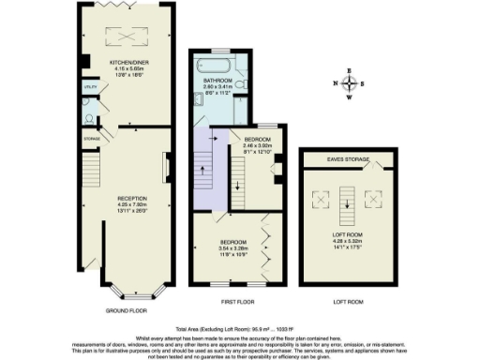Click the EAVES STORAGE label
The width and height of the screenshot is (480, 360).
tap(349, 159)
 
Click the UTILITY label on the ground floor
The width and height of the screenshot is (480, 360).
tap(90, 86)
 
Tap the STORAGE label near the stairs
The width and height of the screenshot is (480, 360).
tap(91, 139)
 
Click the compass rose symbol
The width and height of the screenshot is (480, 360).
tap(349, 82)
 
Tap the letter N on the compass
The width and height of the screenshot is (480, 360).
tap(335, 82)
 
